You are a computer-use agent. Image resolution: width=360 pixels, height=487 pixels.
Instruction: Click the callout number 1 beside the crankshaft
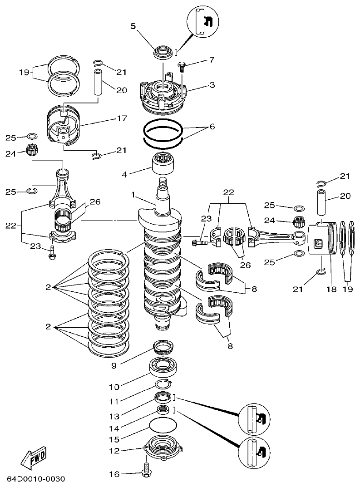pos(133,195)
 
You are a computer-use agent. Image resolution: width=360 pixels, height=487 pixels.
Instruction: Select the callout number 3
pos(212,84)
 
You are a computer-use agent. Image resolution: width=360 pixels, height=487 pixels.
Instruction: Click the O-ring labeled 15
pos(163,427)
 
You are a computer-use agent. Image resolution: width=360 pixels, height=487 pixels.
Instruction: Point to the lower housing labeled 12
pos(163,447)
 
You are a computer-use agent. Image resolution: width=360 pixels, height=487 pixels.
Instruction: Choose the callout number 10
pos(113,387)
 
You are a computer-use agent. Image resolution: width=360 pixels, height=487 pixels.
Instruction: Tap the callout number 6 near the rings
pos(212,128)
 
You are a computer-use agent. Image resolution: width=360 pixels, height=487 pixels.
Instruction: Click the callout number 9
pos(113,365)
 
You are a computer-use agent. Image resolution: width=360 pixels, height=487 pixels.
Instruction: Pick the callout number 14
pos(113,428)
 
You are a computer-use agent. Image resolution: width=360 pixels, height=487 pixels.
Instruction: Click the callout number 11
pos(113,401)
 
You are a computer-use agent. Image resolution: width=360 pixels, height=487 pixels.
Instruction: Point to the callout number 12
pos(113,451)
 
